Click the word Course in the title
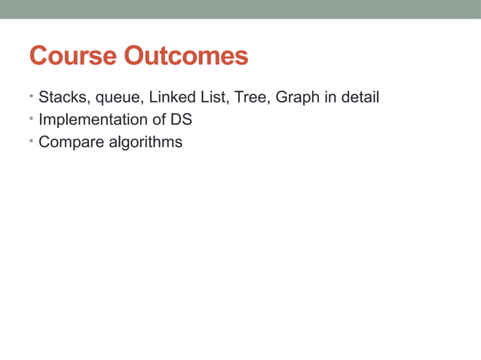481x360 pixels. click(x=72, y=56)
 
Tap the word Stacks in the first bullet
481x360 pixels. click(x=61, y=97)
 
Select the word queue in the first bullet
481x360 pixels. click(x=115, y=99)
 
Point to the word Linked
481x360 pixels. click(x=173, y=97)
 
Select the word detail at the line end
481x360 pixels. click(x=360, y=97)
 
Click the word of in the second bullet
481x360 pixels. click(x=159, y=119)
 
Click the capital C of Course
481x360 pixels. click(x=38, y=56)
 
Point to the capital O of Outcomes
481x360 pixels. click(x=136, y=56)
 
